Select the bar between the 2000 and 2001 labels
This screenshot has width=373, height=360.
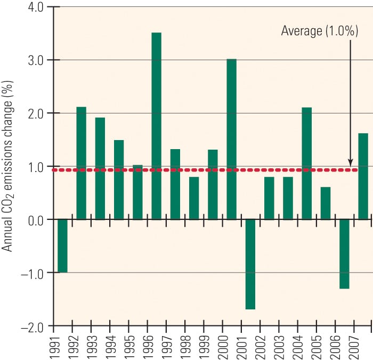231,139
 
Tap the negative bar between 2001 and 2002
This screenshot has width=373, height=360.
250,264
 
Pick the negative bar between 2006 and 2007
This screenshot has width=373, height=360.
344,254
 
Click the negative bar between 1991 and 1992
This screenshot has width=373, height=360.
62,246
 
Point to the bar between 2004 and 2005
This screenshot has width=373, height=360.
306,163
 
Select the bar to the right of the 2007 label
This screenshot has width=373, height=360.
363,176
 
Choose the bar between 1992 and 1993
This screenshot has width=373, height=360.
81,163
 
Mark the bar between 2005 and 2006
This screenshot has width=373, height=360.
325,203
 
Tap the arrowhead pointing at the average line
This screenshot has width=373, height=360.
350,162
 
